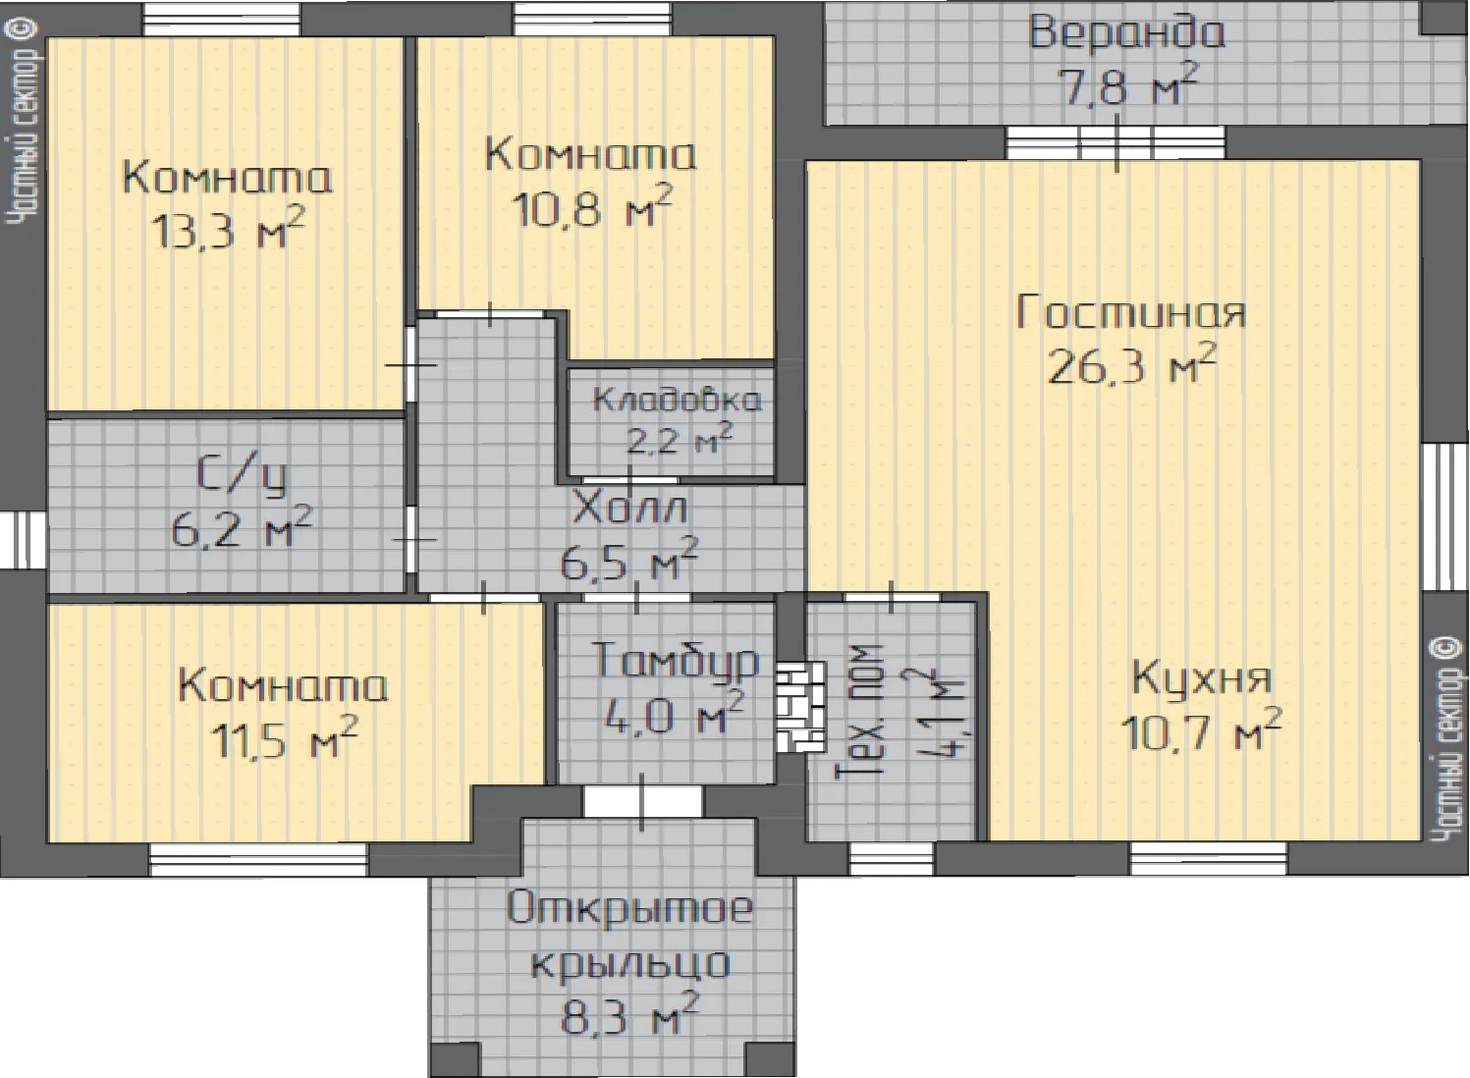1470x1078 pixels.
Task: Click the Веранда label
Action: pyautogui.click(x=1126, y=34)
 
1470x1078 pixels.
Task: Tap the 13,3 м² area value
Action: pyautogui.click(x=229, y=229)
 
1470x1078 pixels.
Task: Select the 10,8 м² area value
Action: pyautogui.click(x=593, y=207)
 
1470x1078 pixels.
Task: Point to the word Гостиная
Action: pyautogui.click(x=1130, y=312)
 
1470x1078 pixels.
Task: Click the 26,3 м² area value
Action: pyautogui.click(x=1132, y=365)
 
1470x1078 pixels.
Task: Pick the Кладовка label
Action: pyautogui.click(x=678, y=400)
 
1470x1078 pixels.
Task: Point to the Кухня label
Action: pyautogui.click(x=1202, y=679)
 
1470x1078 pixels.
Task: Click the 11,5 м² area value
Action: pyautogui.click(x=284, y=739)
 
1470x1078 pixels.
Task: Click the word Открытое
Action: pyautogui.click(x=630, y=908)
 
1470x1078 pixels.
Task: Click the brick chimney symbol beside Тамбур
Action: pyautogui.click(x=800, y=707)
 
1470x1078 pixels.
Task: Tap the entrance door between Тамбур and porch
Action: pyautogui.click(x=642, y=802)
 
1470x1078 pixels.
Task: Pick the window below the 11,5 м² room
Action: pyautogui.click(x=257, y=859)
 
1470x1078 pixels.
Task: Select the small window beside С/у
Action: pyautogui.click(x=24, y=540)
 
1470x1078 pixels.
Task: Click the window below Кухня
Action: pyautogui.click(x=1209, y=858)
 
